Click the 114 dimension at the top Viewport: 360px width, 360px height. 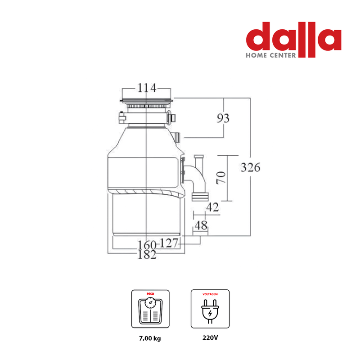[x=147, y=88]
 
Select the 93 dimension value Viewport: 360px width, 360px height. [x=223, y=118]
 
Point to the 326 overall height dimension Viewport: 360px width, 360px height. [x=251, y=167]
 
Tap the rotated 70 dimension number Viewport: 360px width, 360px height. [x=221, y=177]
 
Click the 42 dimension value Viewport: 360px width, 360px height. [x=212, y=207]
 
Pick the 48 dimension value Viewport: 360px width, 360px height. [x=201, y=225]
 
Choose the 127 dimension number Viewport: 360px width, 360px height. [x=169, y=243]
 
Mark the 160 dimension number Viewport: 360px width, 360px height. [x=147, y=245]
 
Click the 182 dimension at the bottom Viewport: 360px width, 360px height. [x=147, y=255]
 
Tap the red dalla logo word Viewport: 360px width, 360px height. [x=294, y=39]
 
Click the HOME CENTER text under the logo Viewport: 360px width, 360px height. [x=271, y=55]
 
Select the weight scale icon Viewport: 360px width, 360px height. [x=150, y=310]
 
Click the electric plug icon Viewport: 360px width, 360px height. [x=210, y=311]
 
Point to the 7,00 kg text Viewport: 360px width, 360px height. [x=150, y=338]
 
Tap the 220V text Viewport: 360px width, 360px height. [x=210, y=338]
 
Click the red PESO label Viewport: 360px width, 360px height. [x=150, y=294]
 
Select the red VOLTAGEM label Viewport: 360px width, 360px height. [x=210, y=294]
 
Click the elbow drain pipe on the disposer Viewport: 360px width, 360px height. [x=198, y=178]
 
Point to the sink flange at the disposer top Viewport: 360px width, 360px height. [x=147, y=100]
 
